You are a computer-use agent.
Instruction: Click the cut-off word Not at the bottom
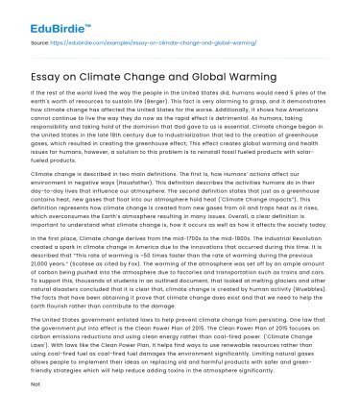(34, 408)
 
